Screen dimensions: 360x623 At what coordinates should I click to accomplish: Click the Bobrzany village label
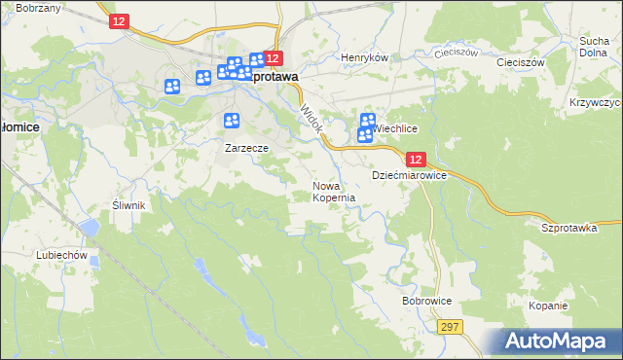(x=40, y=8)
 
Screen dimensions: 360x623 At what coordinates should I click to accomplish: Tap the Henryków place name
(x=365, y=57)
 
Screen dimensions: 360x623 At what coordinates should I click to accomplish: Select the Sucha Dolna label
(x=594, y=48)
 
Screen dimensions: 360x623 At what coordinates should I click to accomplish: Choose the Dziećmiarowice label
(x=409, y=175)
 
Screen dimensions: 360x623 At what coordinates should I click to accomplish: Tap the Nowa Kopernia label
(x=333, y=191)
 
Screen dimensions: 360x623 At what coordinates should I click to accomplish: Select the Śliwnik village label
(x=128, y=205)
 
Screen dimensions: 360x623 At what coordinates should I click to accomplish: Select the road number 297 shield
(x=449, y=329)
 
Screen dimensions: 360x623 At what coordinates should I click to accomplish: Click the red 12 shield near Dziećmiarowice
(x=416, y=160)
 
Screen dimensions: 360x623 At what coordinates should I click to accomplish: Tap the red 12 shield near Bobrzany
(x=119, y=21)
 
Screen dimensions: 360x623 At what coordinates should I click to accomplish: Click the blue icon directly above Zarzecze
(x=232, y=121)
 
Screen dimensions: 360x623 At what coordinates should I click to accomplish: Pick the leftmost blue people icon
(x=172, y=86)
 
